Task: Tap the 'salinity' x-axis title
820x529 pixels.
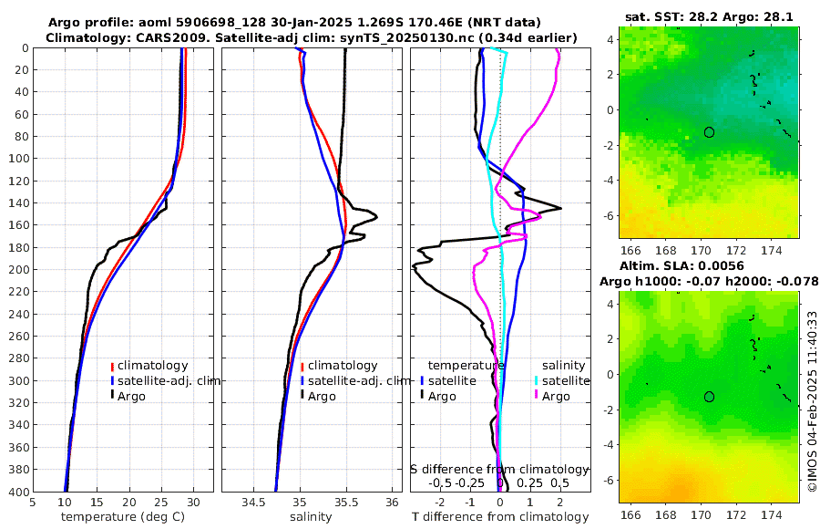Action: pyautogui.click(x=310, y=517)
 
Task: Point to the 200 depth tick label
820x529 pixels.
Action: pyautogui.click(x=17, y=270)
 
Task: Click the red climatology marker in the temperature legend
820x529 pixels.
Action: pyautogui.click(x=112, y=367)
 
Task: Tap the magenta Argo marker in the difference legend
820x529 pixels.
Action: pyautogui.click(x=537, y=396)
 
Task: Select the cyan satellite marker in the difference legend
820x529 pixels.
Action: pyautogui.click(x=537, y=380)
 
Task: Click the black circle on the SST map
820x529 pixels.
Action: pyautogui.click(x=709, y=132)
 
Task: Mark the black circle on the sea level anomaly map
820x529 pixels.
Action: pyautogui.click(x=709, y=397)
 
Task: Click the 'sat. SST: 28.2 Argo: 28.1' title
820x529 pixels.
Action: pyautogui.click(x=709, y=16)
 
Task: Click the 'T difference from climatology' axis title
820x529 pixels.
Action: pyautogui.click(x=499, y=517)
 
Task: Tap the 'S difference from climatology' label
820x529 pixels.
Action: pyautogui.click(x=499, y=468)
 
